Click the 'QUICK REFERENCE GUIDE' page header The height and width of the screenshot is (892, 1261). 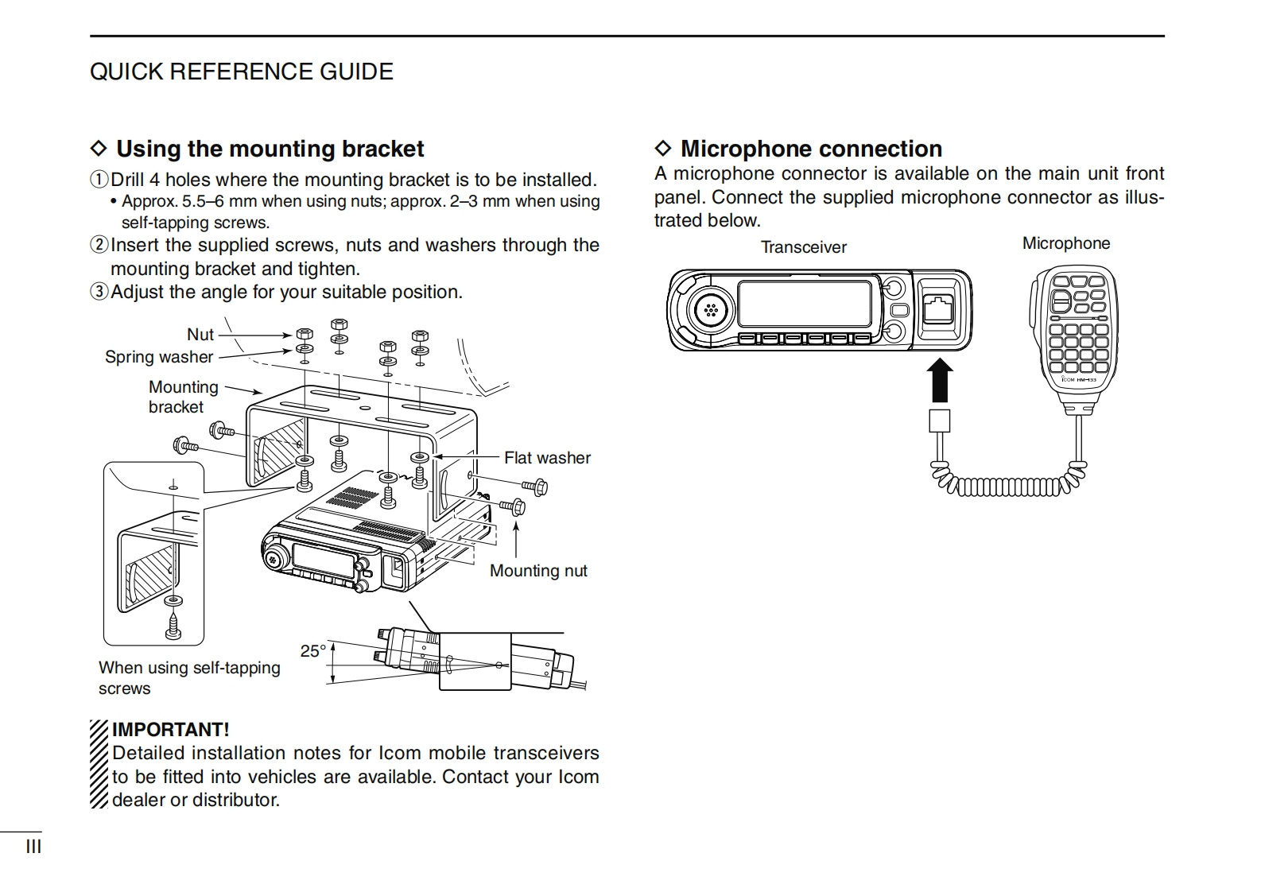(x=241, y=72)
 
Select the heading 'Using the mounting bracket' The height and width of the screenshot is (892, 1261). (x=270, y=149)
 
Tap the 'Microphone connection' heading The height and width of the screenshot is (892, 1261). (x=811, y=149)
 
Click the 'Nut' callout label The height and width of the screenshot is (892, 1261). (x=200, y=335)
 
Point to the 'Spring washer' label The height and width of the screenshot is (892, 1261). (x=159, y=357)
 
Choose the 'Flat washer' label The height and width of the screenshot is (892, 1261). (x=547, y=458)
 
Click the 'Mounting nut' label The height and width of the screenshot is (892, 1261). (x=538, y=571)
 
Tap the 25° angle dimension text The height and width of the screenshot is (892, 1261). (x=313, y=651)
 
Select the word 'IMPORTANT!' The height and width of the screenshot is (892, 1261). (x=170, y=730)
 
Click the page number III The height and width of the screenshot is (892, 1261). (x=33, y=847)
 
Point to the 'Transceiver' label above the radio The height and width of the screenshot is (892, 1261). (x=803, y=247)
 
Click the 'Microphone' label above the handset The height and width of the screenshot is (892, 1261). (x=1065, y=243)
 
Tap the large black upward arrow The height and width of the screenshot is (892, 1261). (x=940, y=380)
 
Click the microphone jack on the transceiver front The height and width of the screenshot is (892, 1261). (x=938, y=307)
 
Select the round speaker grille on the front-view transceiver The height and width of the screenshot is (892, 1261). (x=711, y=310)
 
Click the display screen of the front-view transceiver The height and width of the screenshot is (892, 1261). (x=805, y=303)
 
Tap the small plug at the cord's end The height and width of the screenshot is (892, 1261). (x=940, y=421)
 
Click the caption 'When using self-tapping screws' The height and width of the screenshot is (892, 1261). (x=189, y=678)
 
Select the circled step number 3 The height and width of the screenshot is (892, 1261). (x=99, y=292)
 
